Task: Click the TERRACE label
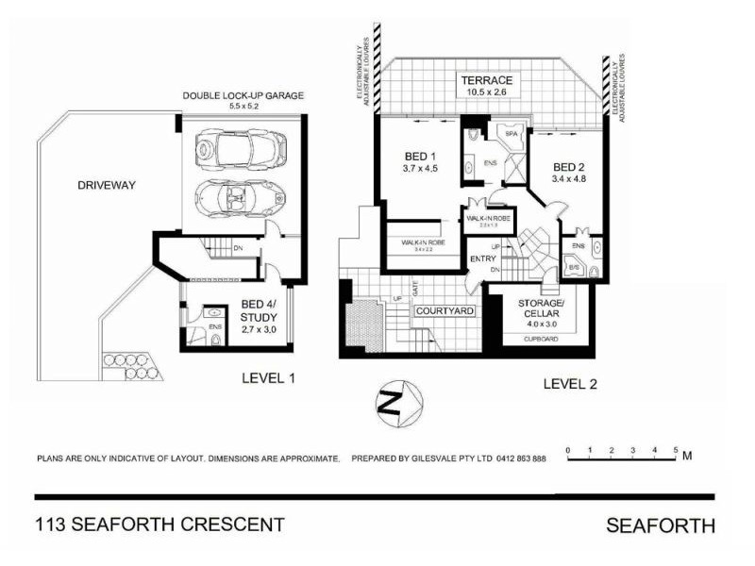pos(487,80)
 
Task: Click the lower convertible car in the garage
pos(237,197)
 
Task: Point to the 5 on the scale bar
pos(676,450)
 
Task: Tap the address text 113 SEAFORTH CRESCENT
pos(159,524)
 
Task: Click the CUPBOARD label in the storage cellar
pos(541,337)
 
